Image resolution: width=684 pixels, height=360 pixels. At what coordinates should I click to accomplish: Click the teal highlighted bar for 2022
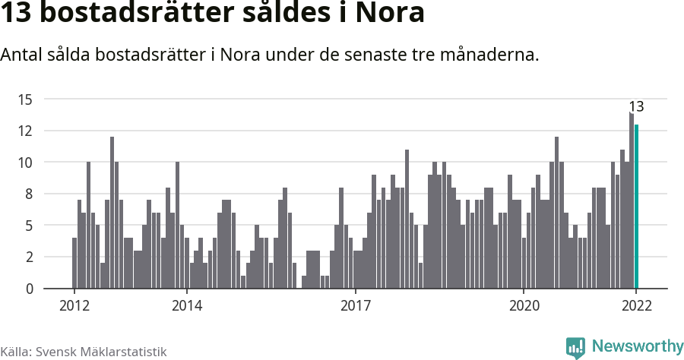pos(637,207)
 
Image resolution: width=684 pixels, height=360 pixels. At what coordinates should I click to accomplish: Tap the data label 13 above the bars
pos(636,106)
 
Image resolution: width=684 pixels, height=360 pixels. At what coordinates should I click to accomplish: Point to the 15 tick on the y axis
pos(25,99)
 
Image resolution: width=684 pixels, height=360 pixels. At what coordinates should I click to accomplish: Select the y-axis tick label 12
pos(25,131)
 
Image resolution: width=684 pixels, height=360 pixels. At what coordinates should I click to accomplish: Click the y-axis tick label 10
pos(25,162)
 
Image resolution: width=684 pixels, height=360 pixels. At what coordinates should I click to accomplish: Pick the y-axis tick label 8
pos(29,194)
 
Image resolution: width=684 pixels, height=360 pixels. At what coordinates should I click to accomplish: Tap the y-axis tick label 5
pos(29,226)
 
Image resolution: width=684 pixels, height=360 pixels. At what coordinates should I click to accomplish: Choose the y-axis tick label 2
pos(29,257)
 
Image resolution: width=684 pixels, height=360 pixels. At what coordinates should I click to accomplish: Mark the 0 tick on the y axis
pos(29,289)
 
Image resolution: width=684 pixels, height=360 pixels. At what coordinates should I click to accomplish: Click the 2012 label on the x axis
pos(74,306)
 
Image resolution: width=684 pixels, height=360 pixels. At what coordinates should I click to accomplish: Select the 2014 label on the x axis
pos(186,306)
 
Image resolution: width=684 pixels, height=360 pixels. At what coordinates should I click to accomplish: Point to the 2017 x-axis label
pos(355,306)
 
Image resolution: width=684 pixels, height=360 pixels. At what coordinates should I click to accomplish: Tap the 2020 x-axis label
pos(524,306)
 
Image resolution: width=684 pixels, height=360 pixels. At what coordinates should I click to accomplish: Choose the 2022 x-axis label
pos(636,306)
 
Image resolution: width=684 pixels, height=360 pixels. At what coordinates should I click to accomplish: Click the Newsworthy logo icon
pos(575,347)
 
